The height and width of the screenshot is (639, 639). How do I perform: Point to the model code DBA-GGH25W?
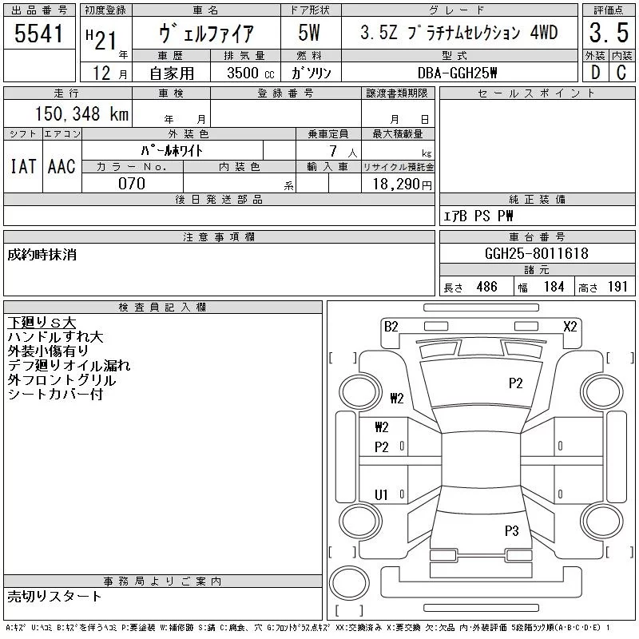tap(462, 73)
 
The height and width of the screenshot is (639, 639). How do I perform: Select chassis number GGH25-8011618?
tap(536, 253)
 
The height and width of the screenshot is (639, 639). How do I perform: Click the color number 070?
tap(132, 184)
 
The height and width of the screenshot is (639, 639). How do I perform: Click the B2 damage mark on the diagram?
tap(391, 326)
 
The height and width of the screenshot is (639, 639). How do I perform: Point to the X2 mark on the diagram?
tap(570, 326)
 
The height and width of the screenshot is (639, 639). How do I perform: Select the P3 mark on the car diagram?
tap(512, 530)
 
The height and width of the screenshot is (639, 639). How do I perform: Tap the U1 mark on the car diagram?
tap(382, 495)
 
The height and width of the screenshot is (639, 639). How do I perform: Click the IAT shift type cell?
tap(23, 167)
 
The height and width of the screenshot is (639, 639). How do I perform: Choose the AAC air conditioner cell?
tap(62, 167)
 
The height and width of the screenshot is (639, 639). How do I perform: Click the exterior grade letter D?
tap(594, 73)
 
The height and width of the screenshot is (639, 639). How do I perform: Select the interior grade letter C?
tap(621, 73)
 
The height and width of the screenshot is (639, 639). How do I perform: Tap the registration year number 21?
tap(105, 35)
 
